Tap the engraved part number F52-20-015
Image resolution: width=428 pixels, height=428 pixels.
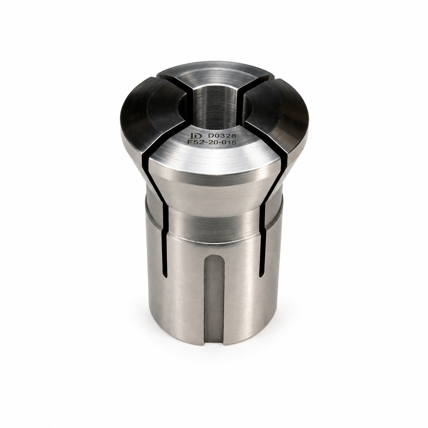click(x=212, y=142)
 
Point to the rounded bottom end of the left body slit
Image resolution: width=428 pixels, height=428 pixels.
click(x=165, y=275)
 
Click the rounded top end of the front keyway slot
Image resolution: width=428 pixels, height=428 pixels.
click(x=214, y=259)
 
